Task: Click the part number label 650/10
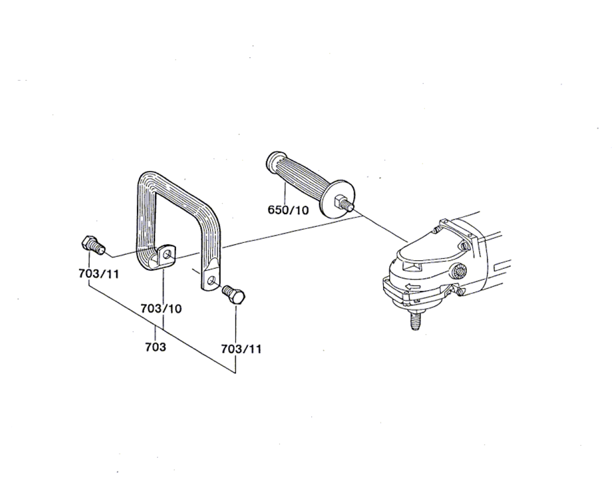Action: [288, 210]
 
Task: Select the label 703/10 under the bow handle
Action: [161, 309]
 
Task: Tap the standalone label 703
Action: [156, 347]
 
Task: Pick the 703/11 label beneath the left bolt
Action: [98, 274]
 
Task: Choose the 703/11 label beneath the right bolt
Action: [241, 349]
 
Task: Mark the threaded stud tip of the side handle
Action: [349, 205]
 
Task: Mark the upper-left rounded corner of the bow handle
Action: [146, 179]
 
